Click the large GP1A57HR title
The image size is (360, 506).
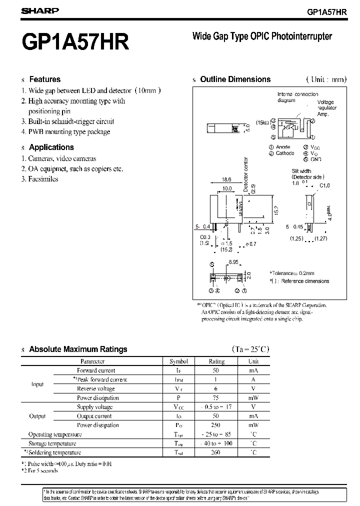coord(75,42)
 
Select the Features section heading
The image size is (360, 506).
coord(44,79)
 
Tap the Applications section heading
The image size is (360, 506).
coord(51,147)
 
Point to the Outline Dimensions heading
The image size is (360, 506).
coord(235,79)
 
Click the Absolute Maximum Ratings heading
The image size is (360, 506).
coord(78,349)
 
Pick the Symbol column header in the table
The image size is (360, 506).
coord(178,361)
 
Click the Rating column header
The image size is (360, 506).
coord(216,361)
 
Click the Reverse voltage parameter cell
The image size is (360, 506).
coord(96,388)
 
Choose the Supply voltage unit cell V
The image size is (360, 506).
coord(253,407)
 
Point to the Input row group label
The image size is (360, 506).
coord(37,384)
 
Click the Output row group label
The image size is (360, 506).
coord(37,416)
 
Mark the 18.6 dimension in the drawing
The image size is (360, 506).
coord(226,179)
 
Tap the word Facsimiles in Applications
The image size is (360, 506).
coord(43,179)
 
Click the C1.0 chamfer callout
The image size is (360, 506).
coord(324,185)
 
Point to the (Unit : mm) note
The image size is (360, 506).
coord(325,79)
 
